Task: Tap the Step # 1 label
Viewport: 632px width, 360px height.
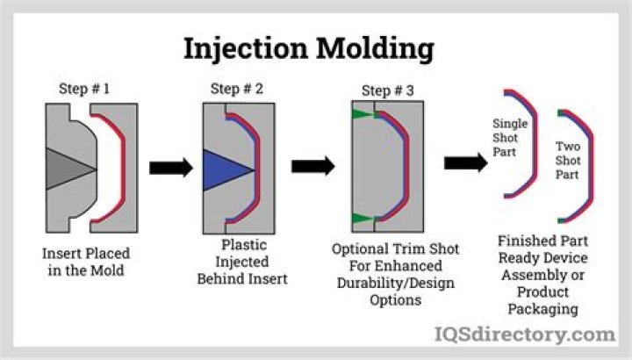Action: tap(85, 90)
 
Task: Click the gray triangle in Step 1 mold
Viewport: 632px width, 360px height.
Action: tap(68, 166)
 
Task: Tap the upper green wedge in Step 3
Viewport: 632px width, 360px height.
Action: tap(361, 114)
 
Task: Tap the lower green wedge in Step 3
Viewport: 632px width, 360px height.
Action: tap(361, 217)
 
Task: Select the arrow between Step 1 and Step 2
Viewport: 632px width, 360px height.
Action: tap(169, 168)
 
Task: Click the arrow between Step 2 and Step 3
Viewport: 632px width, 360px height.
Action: tap(312, 166)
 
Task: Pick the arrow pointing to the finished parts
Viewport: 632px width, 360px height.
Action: tap(465, 162)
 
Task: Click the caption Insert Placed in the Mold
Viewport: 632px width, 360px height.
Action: tap(86, 262)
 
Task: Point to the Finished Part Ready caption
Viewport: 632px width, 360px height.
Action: tap(542, 274)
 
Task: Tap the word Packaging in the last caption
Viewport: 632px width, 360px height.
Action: tap(542, 309)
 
